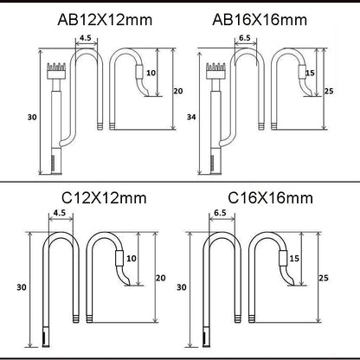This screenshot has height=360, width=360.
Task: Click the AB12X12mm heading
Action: tap(105, 20)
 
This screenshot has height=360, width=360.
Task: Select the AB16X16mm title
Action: tap(260, 20)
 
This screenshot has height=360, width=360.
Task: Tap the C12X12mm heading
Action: tap(104, 198)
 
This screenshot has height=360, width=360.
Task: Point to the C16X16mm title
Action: tap(270, 198)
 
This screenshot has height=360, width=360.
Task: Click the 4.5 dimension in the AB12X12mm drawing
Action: tap(86, 38)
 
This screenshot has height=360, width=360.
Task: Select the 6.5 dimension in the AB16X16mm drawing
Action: tap(245, 38)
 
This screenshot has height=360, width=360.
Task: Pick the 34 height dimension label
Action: tap(191, 117)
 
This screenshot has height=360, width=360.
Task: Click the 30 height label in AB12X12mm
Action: tap(32, 118)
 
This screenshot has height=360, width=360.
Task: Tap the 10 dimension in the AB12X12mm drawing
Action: tap(151, 73)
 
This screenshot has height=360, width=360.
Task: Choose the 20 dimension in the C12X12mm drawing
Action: tap(161, 278)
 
